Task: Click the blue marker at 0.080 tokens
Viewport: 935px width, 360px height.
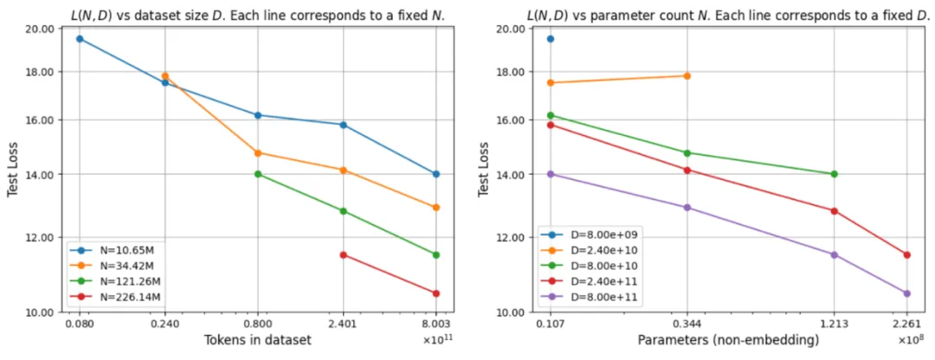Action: click(80, 39)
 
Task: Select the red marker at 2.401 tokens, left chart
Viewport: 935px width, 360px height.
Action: click(344, 254)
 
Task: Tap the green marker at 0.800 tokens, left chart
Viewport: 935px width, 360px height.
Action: click(258, 174)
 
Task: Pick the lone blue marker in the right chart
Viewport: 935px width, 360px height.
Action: click(551, 39)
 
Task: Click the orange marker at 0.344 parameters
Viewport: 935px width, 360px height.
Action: click(687, 76)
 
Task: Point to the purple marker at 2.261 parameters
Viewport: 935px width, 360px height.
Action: click(906, 293)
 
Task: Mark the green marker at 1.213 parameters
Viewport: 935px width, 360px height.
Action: click(835, 174)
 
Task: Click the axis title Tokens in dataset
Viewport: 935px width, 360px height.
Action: click(257, 340)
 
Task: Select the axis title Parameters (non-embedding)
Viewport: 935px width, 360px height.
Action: click(728, 340)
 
